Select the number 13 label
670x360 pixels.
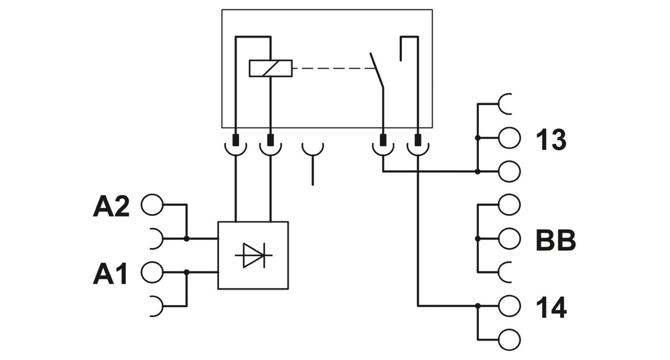(551, 139)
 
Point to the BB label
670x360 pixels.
(555, 239)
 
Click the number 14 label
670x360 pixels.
(551, 306)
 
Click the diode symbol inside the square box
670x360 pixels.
(253, 255)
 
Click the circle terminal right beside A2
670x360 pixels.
(151, 205)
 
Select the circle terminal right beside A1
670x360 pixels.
(151, 272)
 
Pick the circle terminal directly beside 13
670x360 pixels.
(509, 138)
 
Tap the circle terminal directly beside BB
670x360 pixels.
(509, 239)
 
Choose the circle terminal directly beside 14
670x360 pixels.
(509, 306)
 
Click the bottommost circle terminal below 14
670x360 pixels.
(509, 339)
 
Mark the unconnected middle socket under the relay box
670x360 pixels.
(312, 149)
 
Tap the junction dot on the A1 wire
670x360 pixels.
(187, 272)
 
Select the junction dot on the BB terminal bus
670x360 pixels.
(477, 239)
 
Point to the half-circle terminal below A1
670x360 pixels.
(155, 305)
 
